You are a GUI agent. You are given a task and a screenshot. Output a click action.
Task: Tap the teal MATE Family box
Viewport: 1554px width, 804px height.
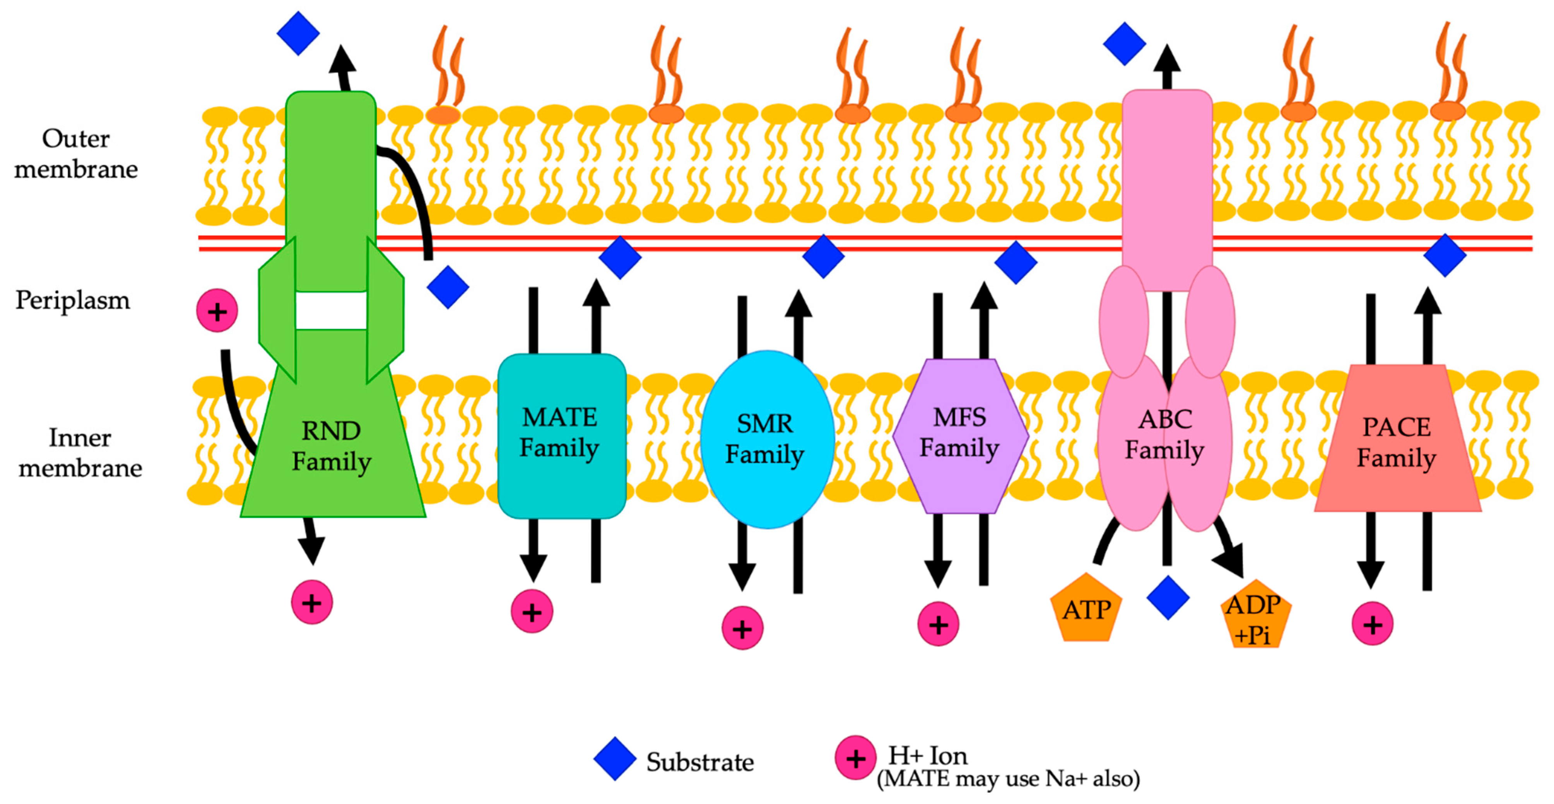(x=561, y=436)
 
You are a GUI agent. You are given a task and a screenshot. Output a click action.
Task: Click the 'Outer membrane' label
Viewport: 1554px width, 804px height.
(x=76, y=154)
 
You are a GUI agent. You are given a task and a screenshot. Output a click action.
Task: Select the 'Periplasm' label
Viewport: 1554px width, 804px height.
(x=72, y=300)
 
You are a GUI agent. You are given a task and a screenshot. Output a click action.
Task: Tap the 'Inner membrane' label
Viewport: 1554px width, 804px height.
(x=80, y=452)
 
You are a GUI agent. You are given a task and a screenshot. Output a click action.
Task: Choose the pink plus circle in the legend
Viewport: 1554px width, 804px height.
(x=855, y=758)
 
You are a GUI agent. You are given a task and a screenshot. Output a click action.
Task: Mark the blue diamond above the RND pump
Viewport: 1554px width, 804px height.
(x=298, y=33)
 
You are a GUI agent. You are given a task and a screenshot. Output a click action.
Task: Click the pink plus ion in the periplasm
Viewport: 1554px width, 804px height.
(x=217, y=311)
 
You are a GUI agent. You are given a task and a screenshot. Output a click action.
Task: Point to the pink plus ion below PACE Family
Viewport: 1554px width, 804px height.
(x=1373, y=624)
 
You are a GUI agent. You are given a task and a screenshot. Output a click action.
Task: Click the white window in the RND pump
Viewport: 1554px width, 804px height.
(x=331, y=311)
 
